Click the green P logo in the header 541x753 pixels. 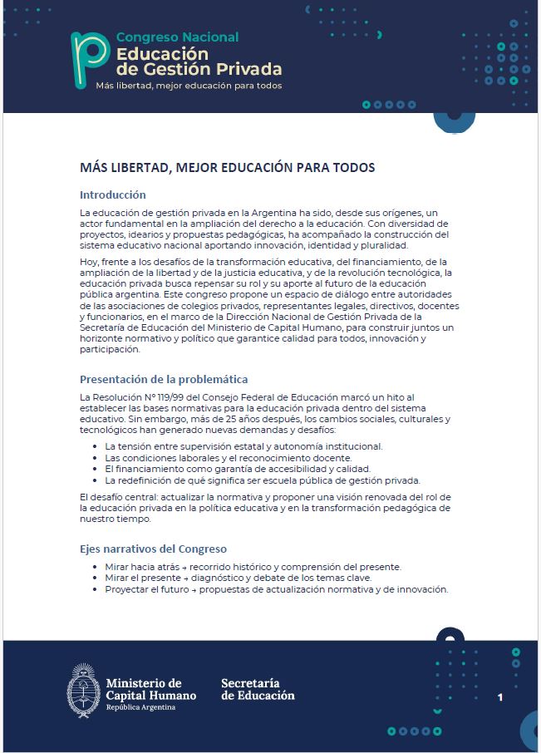click(89, 59)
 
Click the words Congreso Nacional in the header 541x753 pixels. click(177, 37)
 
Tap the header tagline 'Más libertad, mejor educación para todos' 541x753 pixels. click(189, 86)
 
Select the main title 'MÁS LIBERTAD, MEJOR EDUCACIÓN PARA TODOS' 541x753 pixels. click(227, 168)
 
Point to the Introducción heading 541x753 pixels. click(113, 195)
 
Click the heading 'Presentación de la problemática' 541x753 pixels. click(164, 380)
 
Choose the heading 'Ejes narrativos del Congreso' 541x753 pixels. click(153, 549)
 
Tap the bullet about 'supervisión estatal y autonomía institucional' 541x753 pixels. click(243, 446)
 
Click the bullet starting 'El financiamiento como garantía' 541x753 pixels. click(237, 469)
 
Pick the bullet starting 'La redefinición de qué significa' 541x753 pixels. click(263, 480)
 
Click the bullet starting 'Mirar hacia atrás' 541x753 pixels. click(253, 567)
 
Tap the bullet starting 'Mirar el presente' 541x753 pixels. click(238, 578)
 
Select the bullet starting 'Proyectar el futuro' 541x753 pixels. click(276, 589)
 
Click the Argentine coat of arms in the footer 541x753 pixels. click(83, 689)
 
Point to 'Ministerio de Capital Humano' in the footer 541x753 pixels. click(150, 689)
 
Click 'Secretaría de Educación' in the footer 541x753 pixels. click(258, 689)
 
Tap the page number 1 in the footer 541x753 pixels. click(500, 697)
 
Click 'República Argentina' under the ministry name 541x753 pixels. click(140, 707)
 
